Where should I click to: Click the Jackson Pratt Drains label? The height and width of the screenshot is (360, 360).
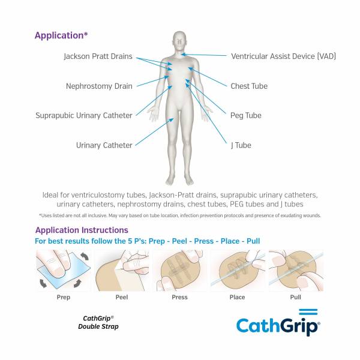98,56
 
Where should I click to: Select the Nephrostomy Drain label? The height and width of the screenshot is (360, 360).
99,86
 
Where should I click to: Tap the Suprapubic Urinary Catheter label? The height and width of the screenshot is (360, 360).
83,115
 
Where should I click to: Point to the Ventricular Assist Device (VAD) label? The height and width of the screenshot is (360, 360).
283,56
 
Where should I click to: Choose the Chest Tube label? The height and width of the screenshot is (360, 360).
249,86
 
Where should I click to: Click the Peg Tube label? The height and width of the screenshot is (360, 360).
245,115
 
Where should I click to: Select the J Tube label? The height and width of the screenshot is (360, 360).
241,145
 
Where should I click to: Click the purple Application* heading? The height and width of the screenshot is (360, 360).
61,35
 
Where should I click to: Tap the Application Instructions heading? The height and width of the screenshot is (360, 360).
82,230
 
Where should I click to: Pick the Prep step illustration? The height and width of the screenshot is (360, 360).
63,270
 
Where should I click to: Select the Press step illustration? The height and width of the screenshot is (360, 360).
179,270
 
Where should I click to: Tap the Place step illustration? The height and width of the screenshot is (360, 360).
237,270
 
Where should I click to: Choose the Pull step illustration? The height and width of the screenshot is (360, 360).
295,270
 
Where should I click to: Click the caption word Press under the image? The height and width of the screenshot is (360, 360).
179,297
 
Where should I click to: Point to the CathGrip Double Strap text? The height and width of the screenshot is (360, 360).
98,322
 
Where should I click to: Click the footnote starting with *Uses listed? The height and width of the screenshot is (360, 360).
180,215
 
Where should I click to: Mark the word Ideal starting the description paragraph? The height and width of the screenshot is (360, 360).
51,195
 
